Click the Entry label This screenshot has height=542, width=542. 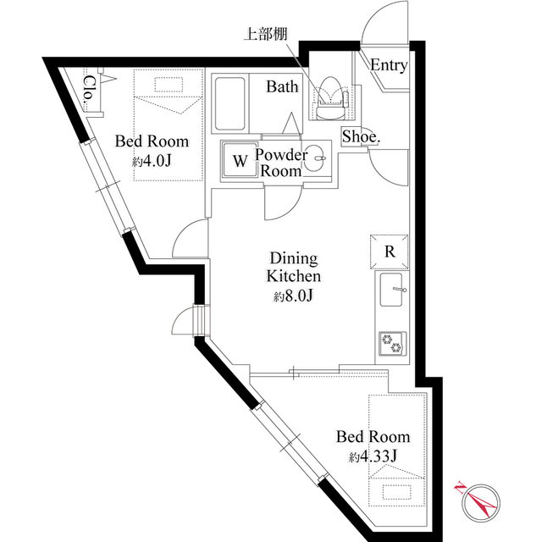pyautogui.click(x=389, y=65)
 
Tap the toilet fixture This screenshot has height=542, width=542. pyautogui.click(x=331, y=97)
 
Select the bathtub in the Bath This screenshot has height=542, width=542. pyautogui.click(x=230, y=103)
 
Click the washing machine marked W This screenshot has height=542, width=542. pyautogui.click(x=241, y=160)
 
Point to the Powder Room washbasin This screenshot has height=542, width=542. pyautogui.click(x=316, y=159)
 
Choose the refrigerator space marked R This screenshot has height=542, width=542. pyautogui.click(x=390, y=252)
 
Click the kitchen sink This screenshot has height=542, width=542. pyautogui.click(x=391, y=290)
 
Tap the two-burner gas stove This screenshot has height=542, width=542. pyautogui.click(x=392, y=343)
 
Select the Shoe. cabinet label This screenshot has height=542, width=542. pyautogui.click(x=361, y=137)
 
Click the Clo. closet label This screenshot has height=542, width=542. pyautogui.click(x=90, y=89)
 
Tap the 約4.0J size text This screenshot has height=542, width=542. pyautogui.click(x=152, y=161)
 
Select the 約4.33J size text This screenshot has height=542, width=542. pyautogui.click(x=373, y=457)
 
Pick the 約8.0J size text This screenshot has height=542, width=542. pyautogui.click(x=294, y=296)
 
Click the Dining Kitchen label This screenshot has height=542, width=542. pyautogui.click(x=294, y=268)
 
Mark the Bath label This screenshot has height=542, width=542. pyautogui.click(x=282, y=86)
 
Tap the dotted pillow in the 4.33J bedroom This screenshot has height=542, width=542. pyautogui.click(x=397, y=493)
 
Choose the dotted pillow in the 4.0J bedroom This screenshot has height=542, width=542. pyautogui.click(x=168, y=85)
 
